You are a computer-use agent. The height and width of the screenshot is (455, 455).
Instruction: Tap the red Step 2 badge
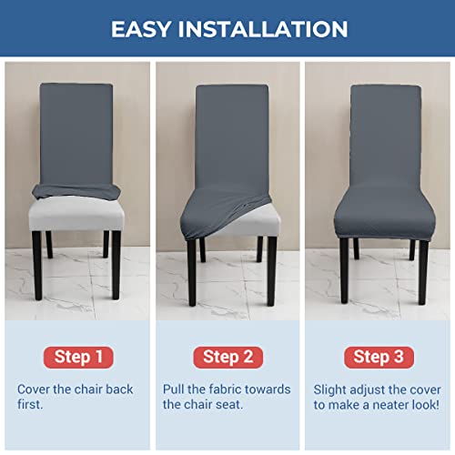pyautogui.click(x=227, y=356)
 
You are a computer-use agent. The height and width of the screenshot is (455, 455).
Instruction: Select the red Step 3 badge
pyautogui.click(x=378, y=356)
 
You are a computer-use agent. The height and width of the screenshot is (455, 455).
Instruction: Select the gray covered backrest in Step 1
pyautogui.click(x=76, y=132)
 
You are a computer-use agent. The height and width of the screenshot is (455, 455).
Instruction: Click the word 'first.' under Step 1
pyautogui.click(x=32, y=404)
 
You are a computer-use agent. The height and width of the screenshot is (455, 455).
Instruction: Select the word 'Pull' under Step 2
pyautogui.click(x=176, y=389)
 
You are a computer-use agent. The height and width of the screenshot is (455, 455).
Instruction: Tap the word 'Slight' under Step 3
pyautogui.click(x=331, y=389)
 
